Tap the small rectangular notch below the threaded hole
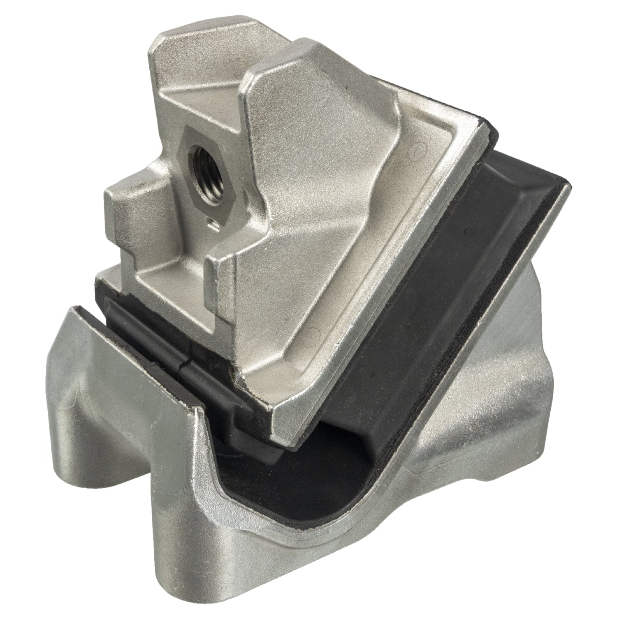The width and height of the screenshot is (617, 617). click(x=213, y=224)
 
